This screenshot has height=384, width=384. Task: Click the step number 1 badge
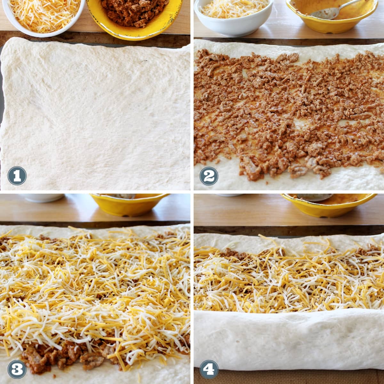[17, 176]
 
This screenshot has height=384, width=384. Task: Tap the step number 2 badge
[209, 176]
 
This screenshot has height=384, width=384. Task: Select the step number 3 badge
[17, 369]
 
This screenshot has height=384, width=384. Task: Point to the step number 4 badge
[209, 369]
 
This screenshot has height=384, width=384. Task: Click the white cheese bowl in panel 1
[43, 17]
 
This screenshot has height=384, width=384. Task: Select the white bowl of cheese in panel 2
[233, 17]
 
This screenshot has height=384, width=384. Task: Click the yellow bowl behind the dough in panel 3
[130, 204]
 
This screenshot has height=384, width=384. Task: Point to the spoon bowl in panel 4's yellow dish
[315, 197]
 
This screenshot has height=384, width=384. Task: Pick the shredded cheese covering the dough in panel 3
[95, 289]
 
